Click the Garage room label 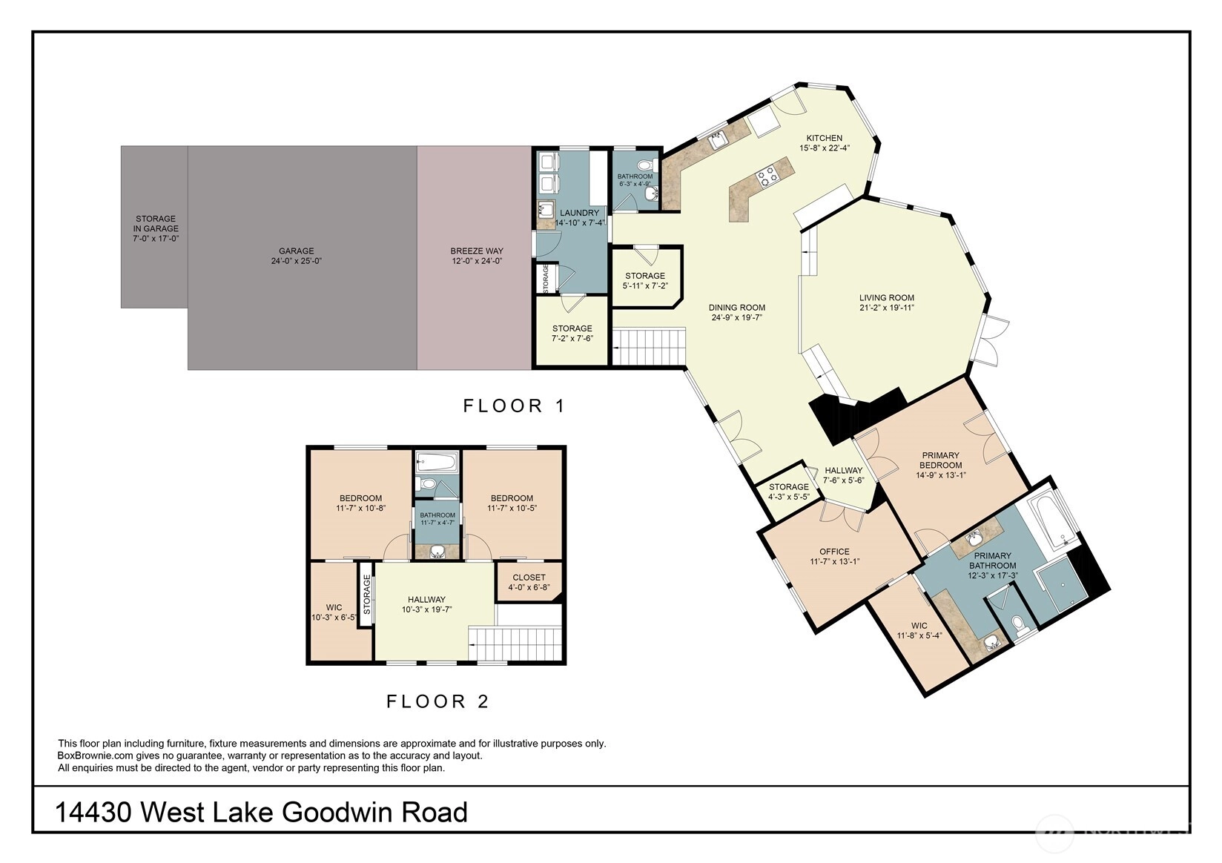(x=296, y=251)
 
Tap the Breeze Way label (x=476, y=251)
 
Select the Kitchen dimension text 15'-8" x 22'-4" (x=825, y=148)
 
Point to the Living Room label (x=887, y=298)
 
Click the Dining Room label (x=736, y=308)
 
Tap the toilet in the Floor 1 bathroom (x=648, y=164)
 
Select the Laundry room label (x=579, y=213)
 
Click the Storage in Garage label (x=156, y=224)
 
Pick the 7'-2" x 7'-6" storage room (x=572, y=331)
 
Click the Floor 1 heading (x=513, y=406)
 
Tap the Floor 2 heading (x=437, y=701)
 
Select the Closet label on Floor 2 (x=529, y=577)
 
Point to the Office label (x=834, y=552)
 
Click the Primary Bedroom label (x=940, y=460)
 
